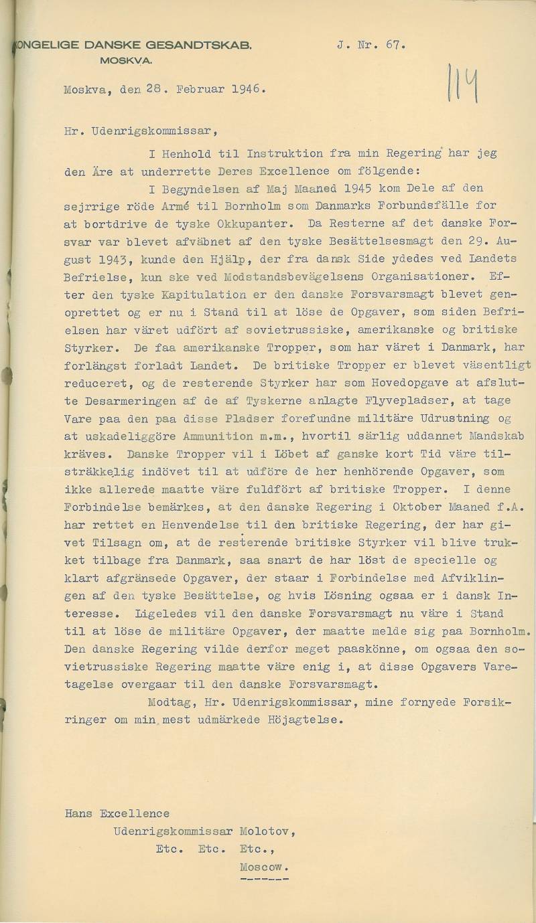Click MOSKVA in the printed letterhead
click(125, 60)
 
